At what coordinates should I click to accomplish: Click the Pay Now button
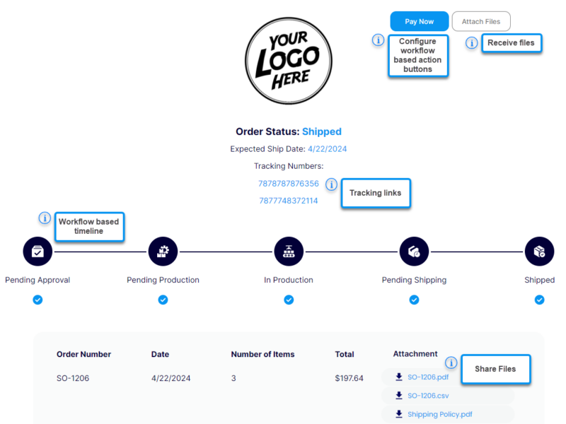coord(420,21)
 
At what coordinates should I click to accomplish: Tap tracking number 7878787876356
coord(288,184)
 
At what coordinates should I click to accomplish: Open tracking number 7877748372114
coord(288,201)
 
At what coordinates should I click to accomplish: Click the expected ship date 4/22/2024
coord(327,149)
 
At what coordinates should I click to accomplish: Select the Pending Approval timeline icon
coord(37,251)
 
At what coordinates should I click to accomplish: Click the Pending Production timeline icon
coord(163,251)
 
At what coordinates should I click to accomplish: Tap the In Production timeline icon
coord(289,251)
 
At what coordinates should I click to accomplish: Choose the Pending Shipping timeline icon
coord(414,251)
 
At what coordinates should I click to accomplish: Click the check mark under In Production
coord(289,300)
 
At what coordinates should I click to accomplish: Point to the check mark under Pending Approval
coord(37,300)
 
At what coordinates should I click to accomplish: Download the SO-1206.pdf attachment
coord(427,377)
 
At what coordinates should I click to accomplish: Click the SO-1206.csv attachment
coord(427,396)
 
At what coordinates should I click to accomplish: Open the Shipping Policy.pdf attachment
coord(439,414)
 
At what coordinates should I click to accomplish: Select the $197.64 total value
coord(350,378)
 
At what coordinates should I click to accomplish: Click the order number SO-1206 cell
coord(73,378)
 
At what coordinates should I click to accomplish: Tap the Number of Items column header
coord(262,354)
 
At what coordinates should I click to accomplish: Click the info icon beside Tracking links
coord(332,184)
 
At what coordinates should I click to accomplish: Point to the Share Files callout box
coord(495,369)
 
